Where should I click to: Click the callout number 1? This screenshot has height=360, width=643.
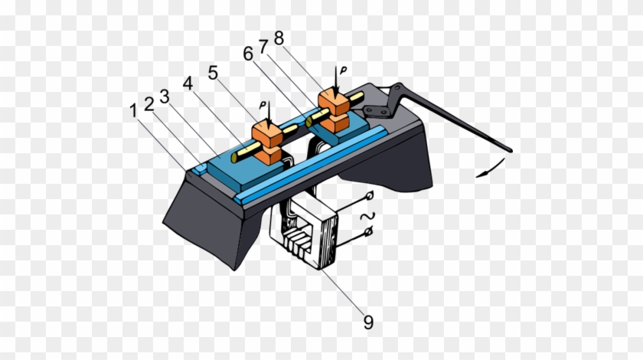135,111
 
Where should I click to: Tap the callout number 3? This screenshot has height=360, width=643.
164,97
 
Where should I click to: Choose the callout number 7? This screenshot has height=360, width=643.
263,48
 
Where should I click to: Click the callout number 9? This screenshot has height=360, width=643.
368,322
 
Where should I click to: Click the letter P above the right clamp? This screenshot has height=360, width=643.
344,70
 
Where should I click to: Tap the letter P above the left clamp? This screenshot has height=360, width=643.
263,105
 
